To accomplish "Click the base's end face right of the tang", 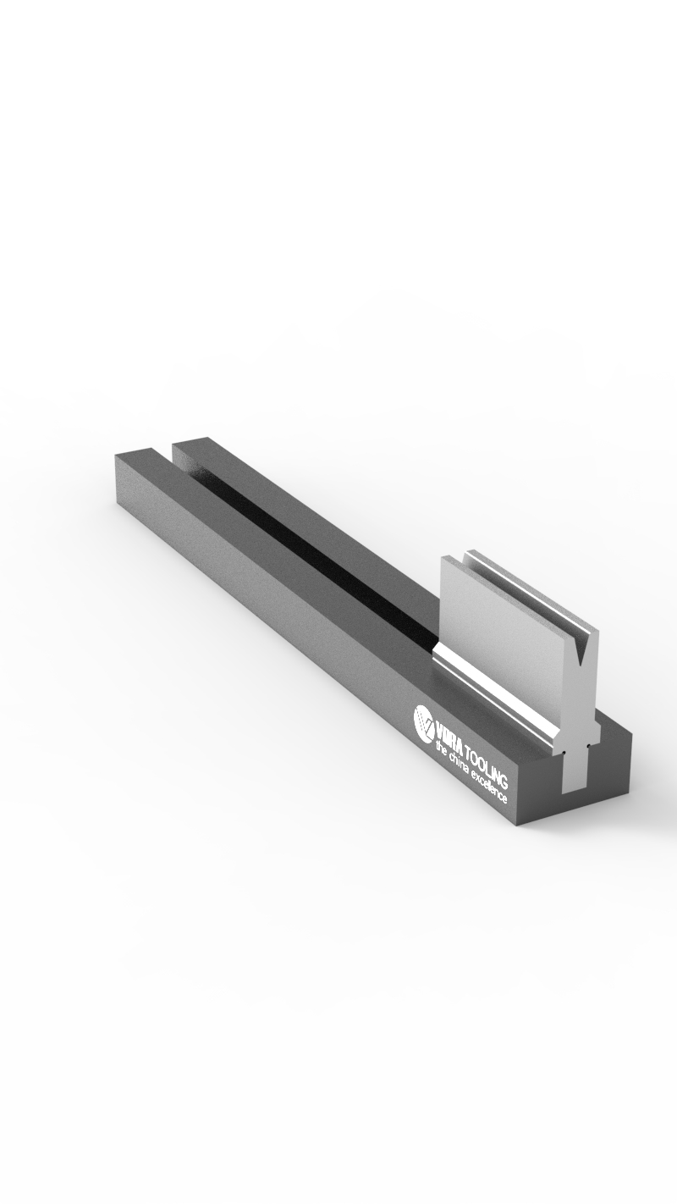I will pyautogui.click(x=614, y=766).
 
